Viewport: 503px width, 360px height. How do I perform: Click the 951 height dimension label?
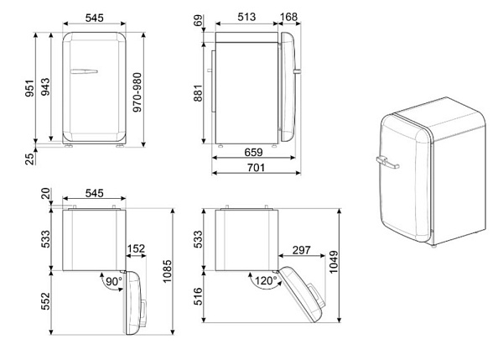click(x=29, y=88)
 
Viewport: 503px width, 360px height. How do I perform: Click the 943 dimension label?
click(x=46, y=86)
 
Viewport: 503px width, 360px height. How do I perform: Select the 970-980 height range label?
click(x=137, y=92)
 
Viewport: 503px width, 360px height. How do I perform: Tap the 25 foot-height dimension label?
click(x=29, y=159)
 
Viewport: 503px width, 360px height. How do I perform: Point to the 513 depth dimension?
click(x=246, y=17)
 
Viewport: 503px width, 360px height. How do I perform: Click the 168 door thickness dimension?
click(x=289, y=17)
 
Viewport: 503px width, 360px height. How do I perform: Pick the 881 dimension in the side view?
click(x=198, y=93)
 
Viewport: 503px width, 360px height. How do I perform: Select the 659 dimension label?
click(x=253, y=152)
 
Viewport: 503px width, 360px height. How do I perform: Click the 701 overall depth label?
click(x=256, y=167)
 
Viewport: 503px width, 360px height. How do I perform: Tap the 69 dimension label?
click(x=199, y=20)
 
